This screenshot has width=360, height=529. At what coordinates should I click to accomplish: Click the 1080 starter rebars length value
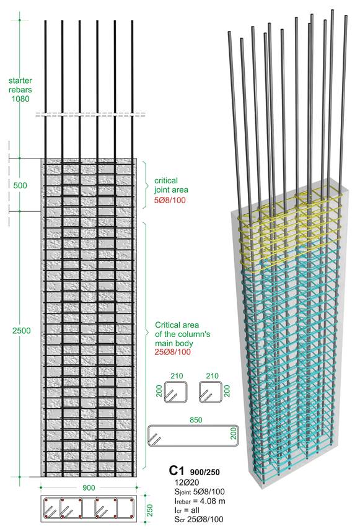(20, 99)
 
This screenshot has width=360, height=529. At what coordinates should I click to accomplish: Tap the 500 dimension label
(20, 185)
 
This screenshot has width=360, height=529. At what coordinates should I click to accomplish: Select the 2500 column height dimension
(21, 331)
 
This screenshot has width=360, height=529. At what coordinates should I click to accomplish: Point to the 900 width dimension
(89, 487)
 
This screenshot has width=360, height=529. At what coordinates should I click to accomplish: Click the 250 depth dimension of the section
(150, 510)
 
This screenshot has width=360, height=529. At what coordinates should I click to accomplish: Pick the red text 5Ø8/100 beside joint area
(170, 200)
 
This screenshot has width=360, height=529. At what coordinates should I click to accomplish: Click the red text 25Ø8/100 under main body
(173, 352)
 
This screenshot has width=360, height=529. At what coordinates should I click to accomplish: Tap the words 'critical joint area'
(171, 185)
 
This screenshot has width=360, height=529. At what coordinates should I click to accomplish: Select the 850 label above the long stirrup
(196, 420)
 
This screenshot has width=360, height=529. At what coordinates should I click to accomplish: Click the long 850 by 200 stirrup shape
(193, 426)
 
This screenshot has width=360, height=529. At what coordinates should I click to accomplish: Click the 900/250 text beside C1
(204, 472)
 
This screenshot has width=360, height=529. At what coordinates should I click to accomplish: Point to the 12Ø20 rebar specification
(187, 482)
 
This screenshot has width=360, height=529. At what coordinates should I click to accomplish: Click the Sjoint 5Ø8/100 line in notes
(200, 492)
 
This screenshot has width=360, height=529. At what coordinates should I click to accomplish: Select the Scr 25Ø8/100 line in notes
(199, 519)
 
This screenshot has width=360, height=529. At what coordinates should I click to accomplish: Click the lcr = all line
(187, 510)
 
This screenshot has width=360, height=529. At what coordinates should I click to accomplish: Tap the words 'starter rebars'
(20, 85)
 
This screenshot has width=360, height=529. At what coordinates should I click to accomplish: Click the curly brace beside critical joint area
(146, 185)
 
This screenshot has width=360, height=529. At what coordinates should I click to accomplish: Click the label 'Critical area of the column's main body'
(183, 334)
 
